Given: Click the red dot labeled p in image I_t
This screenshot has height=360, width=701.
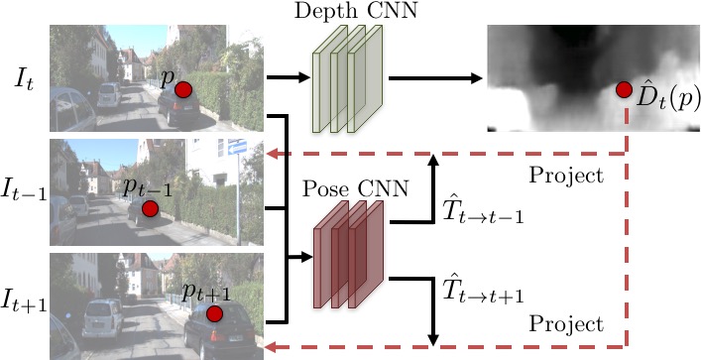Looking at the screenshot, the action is click(x=183, y=90).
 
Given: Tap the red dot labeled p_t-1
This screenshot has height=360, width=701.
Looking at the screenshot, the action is click(x=150, y=209).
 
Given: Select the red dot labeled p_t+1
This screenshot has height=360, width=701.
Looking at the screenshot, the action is click(x=214, y=314).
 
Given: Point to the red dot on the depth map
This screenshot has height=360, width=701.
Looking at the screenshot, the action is click(x=624, y=90).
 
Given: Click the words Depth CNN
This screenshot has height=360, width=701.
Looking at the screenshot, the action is click(x=355, y=11).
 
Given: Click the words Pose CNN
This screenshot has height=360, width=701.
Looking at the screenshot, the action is click(x=355, y=189).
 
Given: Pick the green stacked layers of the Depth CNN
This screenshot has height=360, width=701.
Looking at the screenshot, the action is click(x=347, y=78).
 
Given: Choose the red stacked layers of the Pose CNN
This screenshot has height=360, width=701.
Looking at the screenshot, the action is click(x=348, y=255).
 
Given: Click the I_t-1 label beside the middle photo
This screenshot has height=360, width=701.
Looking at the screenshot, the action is click(x=25, y=190).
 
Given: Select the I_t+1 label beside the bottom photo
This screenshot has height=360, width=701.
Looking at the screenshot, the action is click(x=25, y=300).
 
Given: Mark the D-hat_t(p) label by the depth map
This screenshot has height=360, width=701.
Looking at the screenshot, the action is click(x=668, y=99).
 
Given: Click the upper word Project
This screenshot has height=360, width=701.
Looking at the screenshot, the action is click(x=566, y=177).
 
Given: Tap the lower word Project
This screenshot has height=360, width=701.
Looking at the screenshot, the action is click(x=566, y=324).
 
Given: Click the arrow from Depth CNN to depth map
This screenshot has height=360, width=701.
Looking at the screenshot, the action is click(x=435, y=78).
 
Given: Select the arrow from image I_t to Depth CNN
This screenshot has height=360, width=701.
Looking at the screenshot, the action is click(x=289, y=77).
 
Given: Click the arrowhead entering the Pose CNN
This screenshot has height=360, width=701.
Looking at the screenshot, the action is click(x=306, y=257).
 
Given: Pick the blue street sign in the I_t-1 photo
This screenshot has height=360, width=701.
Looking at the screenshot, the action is click(x=237, y=147).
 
